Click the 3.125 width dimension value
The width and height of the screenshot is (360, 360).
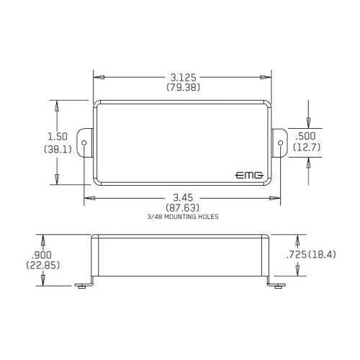(x=183, y=78)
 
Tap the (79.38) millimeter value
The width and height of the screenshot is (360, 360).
(x=183, y=87)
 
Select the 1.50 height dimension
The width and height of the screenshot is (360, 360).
(x=58, y=137)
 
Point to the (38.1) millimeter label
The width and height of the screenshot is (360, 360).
(x=58, y=150)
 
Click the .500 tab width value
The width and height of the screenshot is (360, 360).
(x=305, y=136)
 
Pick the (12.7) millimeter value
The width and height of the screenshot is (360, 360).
(x=307, y=147)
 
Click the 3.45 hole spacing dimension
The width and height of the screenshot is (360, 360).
(x=183, y=198)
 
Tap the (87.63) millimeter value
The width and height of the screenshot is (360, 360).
(x=183, y=207)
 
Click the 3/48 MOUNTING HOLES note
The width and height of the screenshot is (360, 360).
(x=183, y=217)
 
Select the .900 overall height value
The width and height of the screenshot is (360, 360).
(x=42, y=255)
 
